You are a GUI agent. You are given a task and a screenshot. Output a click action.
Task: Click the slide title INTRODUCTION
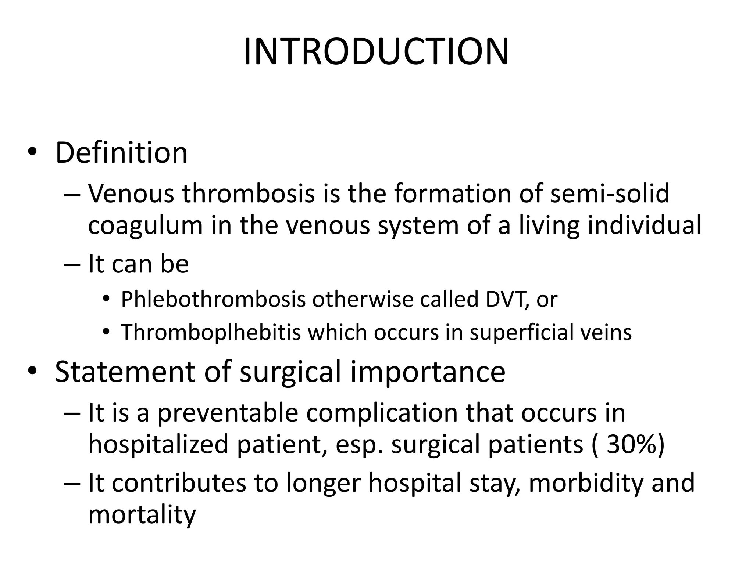376,52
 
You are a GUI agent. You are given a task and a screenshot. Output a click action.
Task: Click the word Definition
121,153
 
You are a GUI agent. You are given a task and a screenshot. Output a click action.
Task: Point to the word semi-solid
610,194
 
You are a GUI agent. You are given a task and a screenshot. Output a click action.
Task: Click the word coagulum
146,225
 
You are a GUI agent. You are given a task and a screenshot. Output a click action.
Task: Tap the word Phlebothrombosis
213,299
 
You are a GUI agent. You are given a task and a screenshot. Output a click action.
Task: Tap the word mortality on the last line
142,515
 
